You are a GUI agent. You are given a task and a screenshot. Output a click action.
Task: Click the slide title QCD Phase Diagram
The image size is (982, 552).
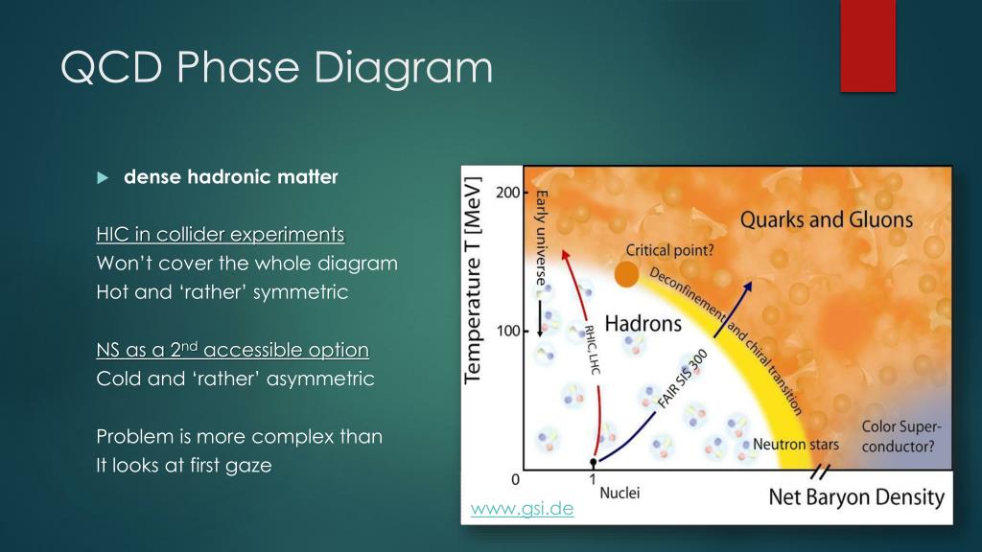(x=277, y=68)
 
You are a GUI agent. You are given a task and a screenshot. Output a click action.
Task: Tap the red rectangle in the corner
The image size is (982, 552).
(x=868, y=46)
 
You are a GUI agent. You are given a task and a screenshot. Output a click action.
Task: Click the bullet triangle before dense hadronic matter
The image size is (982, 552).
(x=103, y=177)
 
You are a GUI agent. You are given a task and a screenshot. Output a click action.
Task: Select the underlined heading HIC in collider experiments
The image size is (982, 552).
(x=221, y=234)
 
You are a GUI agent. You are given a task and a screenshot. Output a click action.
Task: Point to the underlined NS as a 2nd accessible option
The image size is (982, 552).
(x=232, y=349)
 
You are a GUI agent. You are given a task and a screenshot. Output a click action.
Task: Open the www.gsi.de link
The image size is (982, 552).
(x=522, y=508)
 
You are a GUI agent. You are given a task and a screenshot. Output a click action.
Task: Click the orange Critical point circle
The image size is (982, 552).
(x=626, y=274)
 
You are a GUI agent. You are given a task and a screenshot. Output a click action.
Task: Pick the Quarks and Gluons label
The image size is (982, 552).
(x=826, y=219)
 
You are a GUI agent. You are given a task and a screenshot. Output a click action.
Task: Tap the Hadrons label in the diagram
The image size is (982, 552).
(x=643, y=323)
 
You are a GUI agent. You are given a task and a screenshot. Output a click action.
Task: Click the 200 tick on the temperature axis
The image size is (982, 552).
(x=508, y=192)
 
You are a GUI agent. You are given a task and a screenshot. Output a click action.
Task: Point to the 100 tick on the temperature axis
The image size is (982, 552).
(x=508, y=331)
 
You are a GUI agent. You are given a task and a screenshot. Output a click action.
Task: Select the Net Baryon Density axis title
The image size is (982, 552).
(x=856, y=497)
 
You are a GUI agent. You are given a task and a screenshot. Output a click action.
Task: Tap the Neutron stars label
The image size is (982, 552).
(x=795, y=445)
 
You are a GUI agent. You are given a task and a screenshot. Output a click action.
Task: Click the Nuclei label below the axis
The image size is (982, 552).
(x=620, y=493)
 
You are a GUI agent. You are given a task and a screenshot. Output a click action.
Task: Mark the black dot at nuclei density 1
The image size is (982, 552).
(x=593, y=463)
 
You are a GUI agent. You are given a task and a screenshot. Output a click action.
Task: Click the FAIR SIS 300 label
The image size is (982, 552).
(x=682, y=379)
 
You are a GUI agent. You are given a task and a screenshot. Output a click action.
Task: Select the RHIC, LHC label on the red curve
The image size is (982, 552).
(x=592, y=350)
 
